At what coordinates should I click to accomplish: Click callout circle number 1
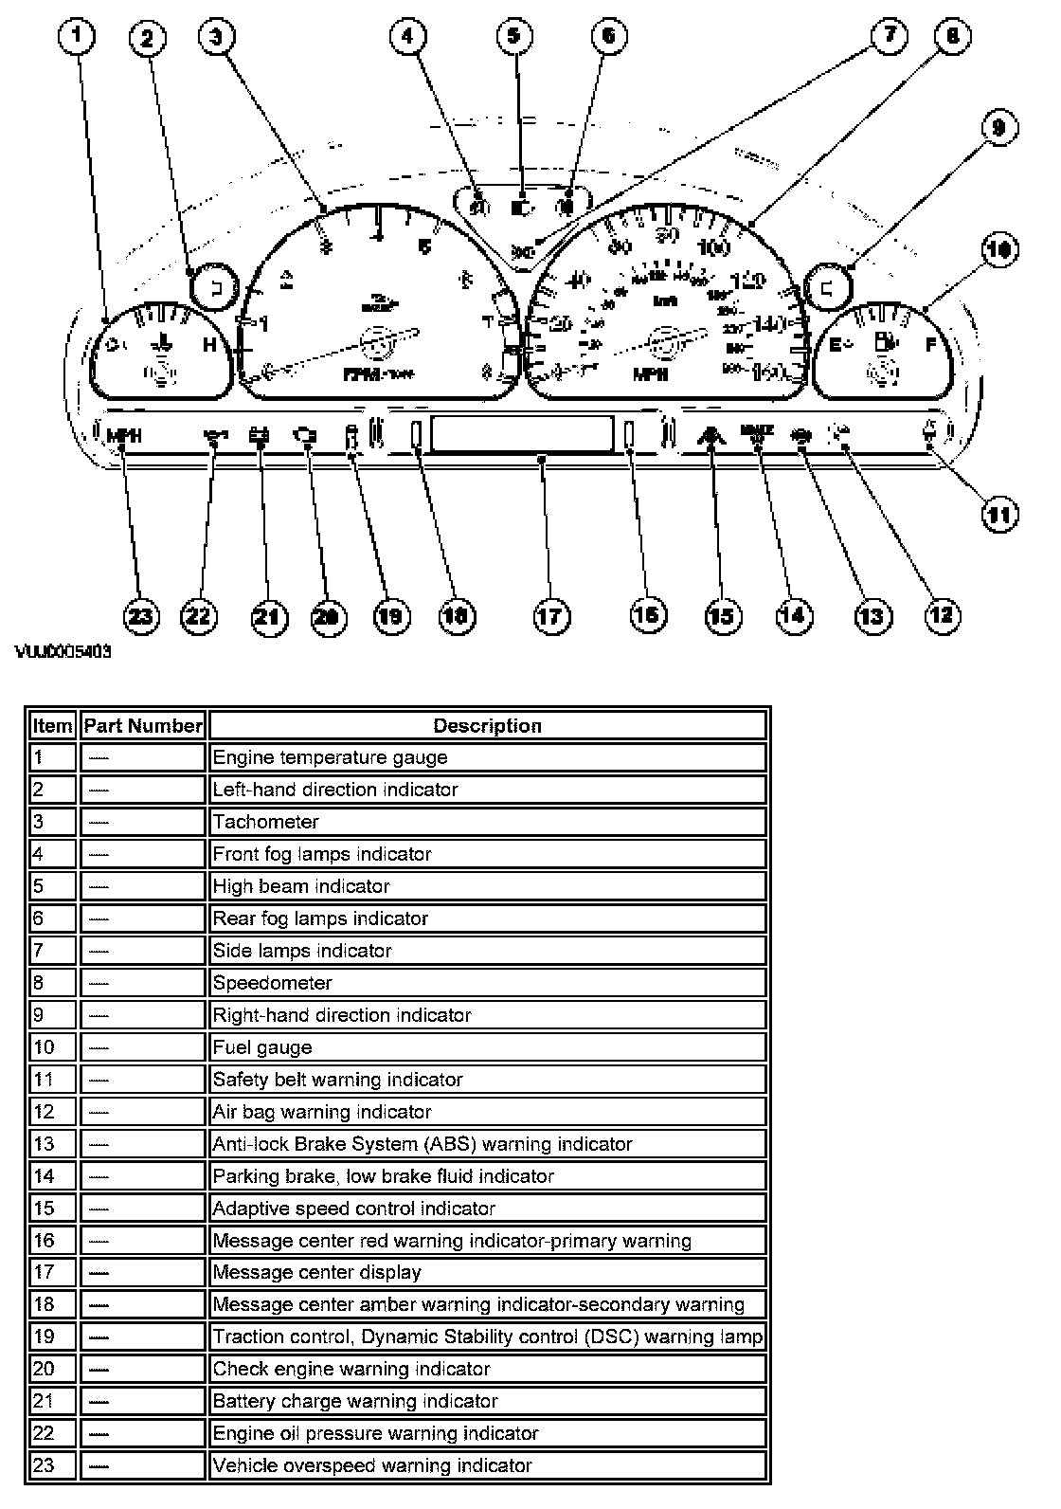(x=80, y=39)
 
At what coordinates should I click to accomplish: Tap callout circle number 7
(x=888, y=37)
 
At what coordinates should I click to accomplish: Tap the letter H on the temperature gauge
(x=210, y=345)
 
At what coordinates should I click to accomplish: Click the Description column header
(x=487, y=726)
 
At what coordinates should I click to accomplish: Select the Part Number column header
(x=143, y=726)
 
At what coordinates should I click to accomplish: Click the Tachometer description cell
(x=487, y=822)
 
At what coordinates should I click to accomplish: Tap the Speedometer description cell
(x=487, y=983)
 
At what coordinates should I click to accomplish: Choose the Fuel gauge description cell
(x=487, y=1047)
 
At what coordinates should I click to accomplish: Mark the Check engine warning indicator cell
(x=487, y=1369)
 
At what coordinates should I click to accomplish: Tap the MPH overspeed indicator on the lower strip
(x=123, y=436)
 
